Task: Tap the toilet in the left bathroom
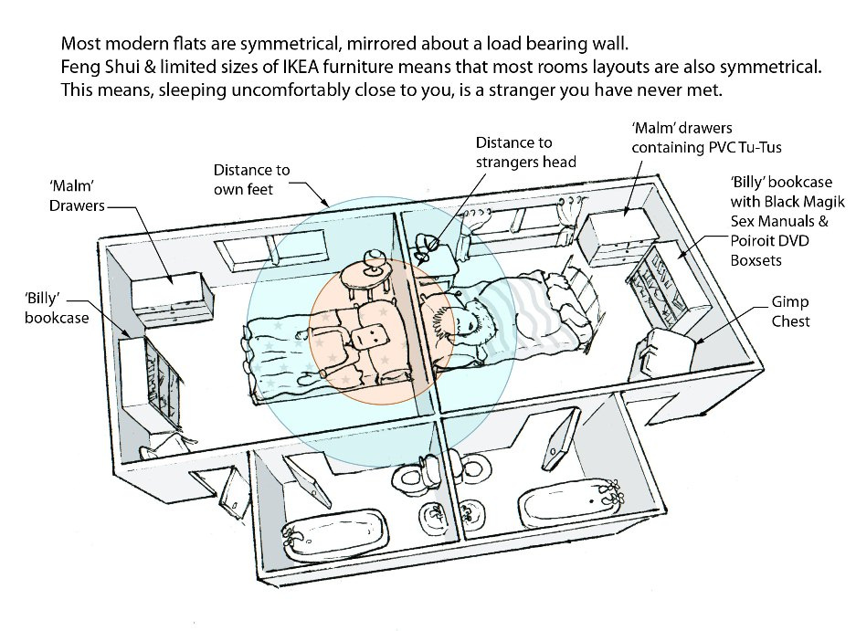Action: pyautogui.click(x=407, y=477)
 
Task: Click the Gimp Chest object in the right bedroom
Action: pyautogui.click(x=666, y=352)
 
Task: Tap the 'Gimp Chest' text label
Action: pyautogui.click(x=790, y=311)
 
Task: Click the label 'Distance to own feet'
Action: pyautogui.click(x=251, y=179)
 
